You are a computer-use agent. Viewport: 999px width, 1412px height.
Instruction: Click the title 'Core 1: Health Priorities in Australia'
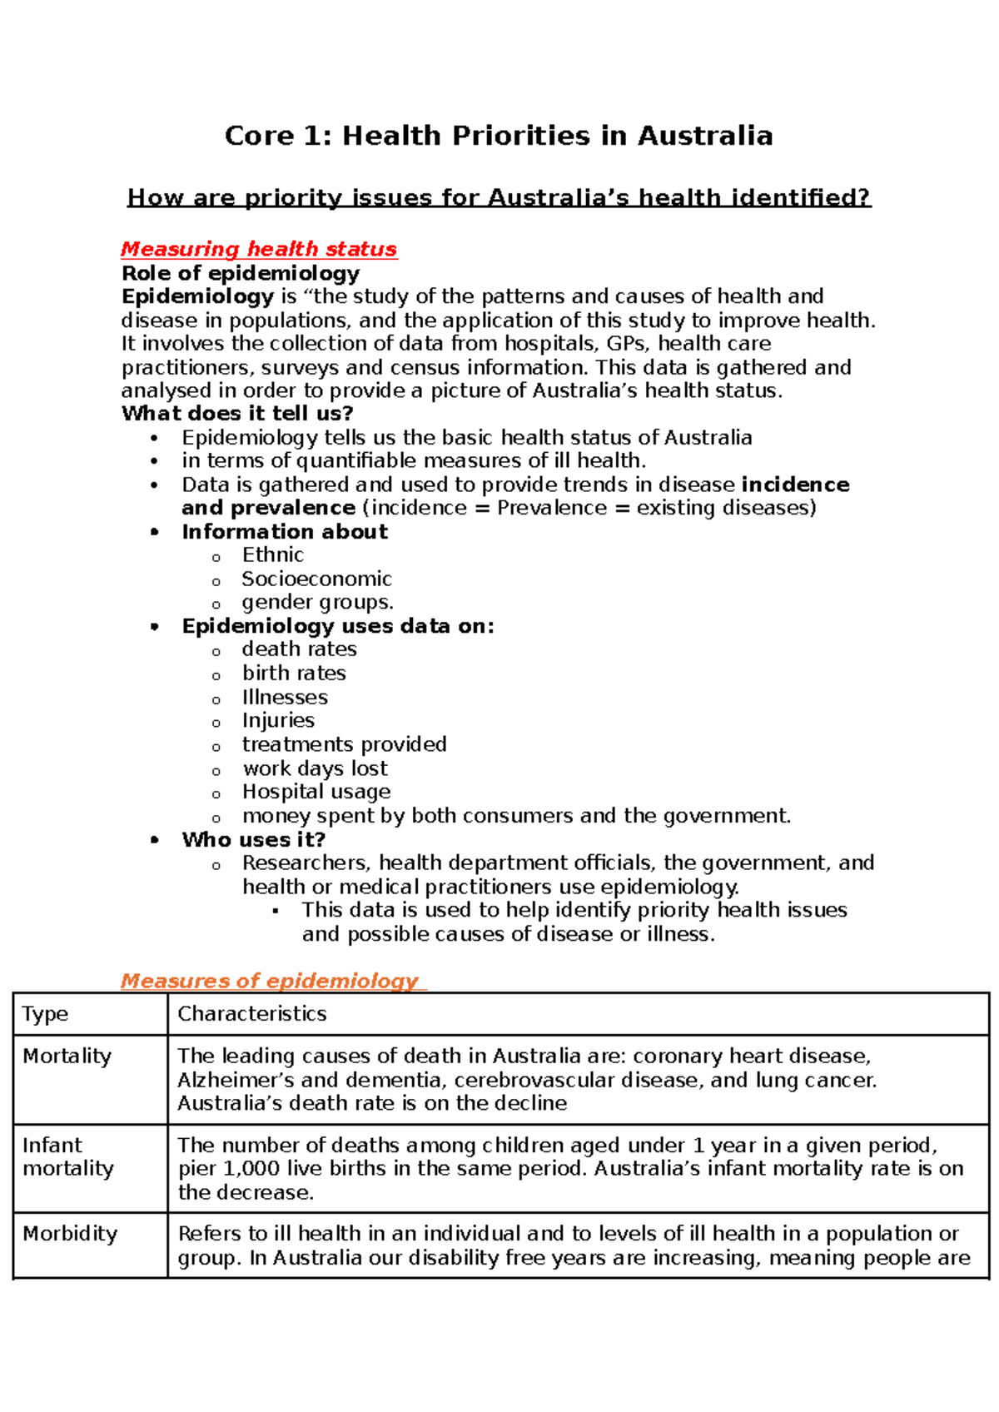pyautogui.click(x=499, y=136)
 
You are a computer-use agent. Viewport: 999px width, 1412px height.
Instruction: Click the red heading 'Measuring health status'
pyautogui.click(x=259, y=249)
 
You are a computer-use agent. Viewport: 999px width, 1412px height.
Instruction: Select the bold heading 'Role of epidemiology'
pyautogui.click(x=241, y=273)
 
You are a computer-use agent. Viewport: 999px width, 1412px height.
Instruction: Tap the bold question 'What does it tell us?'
pyautogui.click(x=237, y=414)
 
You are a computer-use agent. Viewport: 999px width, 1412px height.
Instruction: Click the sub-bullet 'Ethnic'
pyautogui.click(x=272, y=555)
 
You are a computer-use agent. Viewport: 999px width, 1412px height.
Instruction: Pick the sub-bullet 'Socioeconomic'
pyautogui.click(x=316, y=579)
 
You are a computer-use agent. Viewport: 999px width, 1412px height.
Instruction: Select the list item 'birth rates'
pyautogui.click(x=294, y=673)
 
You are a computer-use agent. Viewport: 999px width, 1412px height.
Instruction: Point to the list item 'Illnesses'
pyautogui.click(x=285, y=697)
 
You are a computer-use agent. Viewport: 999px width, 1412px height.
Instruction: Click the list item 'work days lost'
pyautogui.click(x=315, y=768)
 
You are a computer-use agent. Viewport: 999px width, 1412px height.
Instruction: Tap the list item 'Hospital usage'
pyautogui.click(x=316, y=792)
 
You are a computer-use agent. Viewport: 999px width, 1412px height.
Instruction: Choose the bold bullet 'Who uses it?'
pyautogui.click(x=253, y=839)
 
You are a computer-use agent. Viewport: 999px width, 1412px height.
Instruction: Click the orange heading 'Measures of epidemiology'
pyautogui.click(x=270, y=981)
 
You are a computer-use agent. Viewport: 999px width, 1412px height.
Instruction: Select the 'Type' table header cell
pyautogui.click(x=46, y=1014)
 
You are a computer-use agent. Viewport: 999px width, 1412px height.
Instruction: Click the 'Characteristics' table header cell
pyautogui.click(x=251, y=1014)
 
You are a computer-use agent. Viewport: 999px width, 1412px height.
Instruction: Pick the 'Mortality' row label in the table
pyautogui.click(x=67, y=1057)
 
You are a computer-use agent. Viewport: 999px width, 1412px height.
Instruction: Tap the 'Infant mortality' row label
pyautogui.click(x=67, y=1157)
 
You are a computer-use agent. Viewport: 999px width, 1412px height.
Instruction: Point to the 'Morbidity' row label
pyautogui.click(x=70, y=1234)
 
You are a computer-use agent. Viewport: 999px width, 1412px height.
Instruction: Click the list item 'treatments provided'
pyautogui.click(x=344, y=744)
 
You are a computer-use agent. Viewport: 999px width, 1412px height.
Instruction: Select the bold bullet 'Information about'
pyautogui.click(x=285, y=532)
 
